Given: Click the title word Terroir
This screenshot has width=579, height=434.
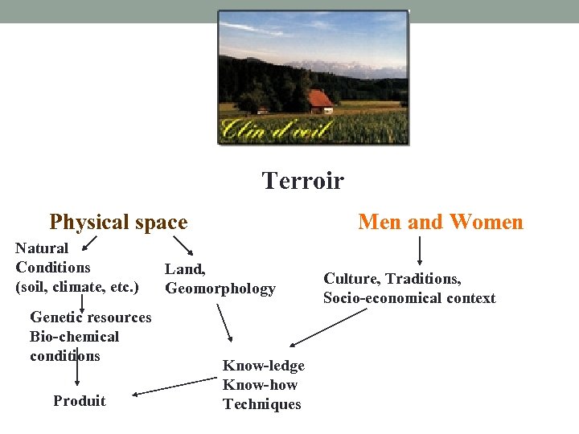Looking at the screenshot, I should (x=302, y=181).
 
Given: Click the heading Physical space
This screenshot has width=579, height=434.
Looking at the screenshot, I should (x=118, y=222).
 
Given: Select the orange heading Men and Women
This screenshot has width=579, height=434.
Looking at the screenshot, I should (x=440, y=222).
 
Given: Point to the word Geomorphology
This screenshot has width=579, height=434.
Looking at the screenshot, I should (x=220, y=289).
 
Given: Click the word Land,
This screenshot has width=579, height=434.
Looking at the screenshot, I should (x=185, y=269).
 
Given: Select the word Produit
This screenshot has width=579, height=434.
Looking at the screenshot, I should (x=79, y=401).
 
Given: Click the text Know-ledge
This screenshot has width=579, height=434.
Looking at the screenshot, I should (x=264, y=366).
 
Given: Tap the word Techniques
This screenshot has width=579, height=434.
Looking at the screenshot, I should (x=261, y=404).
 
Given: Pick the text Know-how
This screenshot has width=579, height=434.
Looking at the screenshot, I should (x=260, y=385).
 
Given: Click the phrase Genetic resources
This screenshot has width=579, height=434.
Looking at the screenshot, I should (x=90, y=317).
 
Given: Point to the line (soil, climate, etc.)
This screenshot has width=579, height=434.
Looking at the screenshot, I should (x=77, y=286).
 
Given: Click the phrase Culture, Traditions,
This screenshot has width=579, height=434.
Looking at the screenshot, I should (x=392, y=279).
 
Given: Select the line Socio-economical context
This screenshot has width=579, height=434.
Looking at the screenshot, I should (x=409, y=298).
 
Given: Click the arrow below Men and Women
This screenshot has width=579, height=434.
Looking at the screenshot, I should (x=419, y=250).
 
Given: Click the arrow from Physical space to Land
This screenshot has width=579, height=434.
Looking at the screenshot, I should (x=183, y=246).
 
